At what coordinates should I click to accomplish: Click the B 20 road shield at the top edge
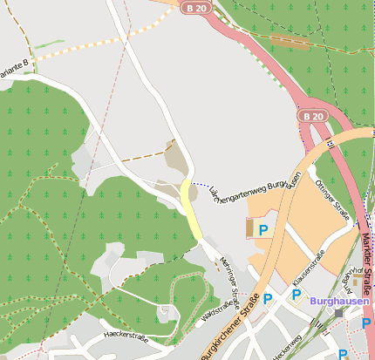click(x=195, y=7)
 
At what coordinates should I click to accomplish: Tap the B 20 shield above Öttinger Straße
click(x=314, y=115)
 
